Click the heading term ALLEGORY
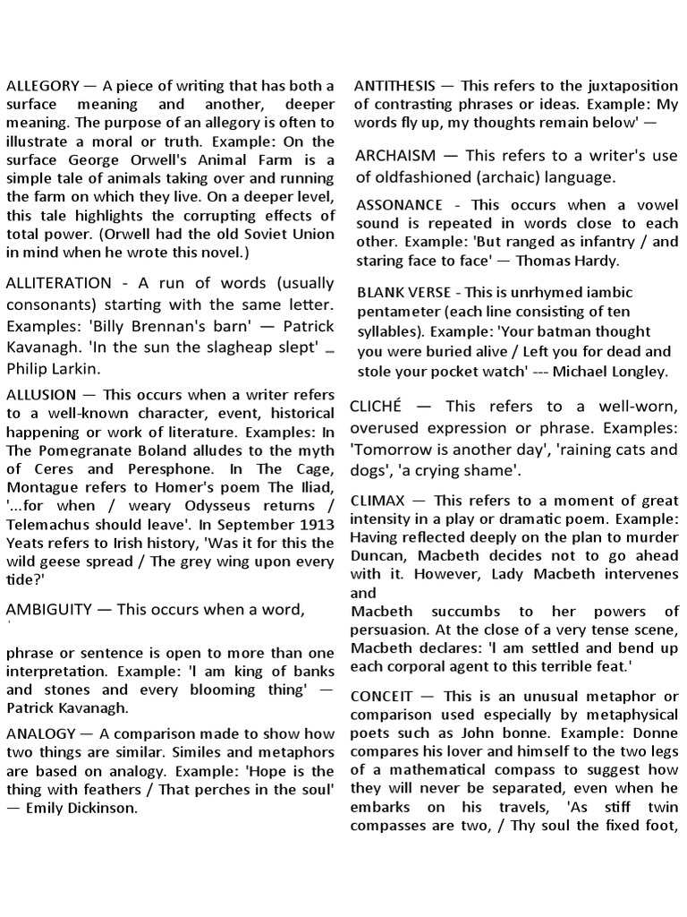(42, 86)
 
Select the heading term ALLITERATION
(59, 283)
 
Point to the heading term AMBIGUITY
(49, 610)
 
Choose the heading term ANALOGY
(40, 733)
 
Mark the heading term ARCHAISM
(396, 156)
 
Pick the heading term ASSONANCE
(400, 205)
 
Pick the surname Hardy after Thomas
(596, 261)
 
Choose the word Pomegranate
(80, 449)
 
